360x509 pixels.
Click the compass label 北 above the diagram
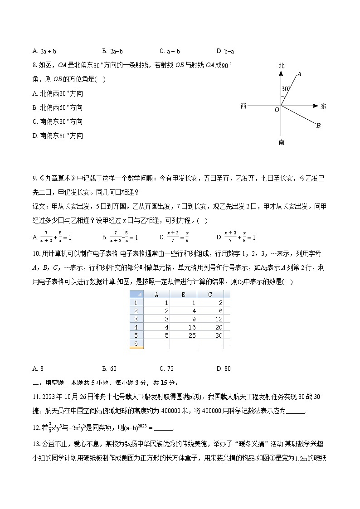281,66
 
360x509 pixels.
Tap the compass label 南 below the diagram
281,142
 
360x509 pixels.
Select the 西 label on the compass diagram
243,107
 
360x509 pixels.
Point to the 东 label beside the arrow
323,107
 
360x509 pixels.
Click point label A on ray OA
299,73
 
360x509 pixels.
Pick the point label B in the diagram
318,126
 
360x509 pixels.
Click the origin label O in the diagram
277,110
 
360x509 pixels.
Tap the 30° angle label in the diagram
285,89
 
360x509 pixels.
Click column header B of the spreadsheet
184,295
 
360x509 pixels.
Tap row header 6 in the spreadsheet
136,344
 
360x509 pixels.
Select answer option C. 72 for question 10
166,368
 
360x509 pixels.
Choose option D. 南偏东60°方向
58,136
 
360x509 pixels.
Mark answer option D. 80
224,368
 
